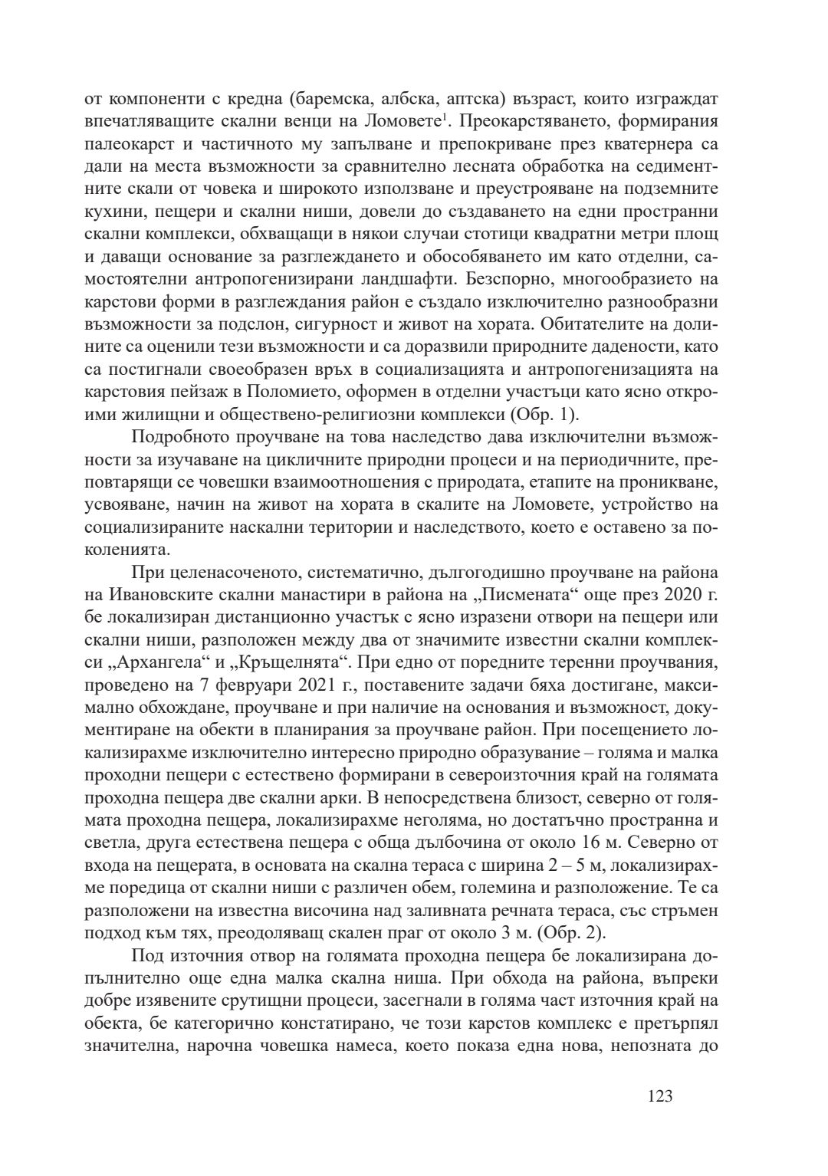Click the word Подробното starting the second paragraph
(x=179, y=437)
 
